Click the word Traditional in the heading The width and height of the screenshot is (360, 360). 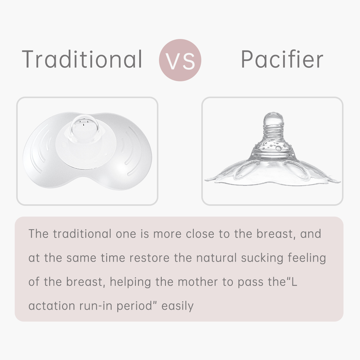(x=82, y=59)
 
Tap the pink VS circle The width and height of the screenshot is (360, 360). (x=180, y=60)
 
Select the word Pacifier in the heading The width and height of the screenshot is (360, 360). (x=282, y=59)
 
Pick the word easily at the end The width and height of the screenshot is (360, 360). (x=177, y=306)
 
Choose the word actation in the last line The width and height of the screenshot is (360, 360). (x=52, y=306)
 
